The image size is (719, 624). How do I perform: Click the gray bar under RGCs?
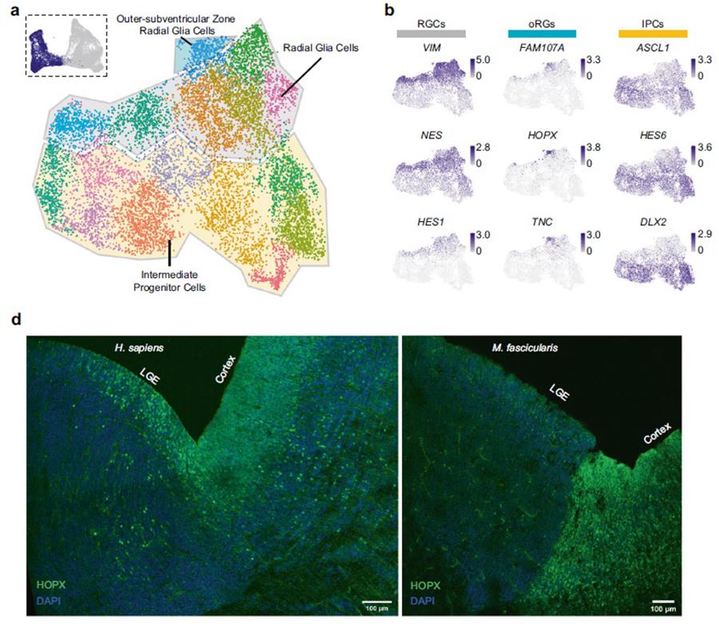pyautogui.click(x=431, y=34)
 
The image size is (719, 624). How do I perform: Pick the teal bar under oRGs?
pyautogui.click(x=542, y=34)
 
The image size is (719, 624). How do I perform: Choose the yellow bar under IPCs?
pyautogui.click(x=653, y=34)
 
